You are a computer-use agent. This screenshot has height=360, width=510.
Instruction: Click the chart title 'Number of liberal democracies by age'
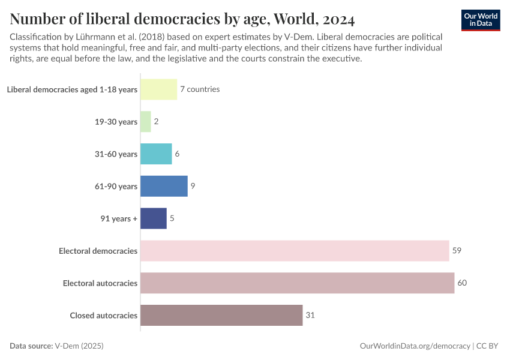(182, 19)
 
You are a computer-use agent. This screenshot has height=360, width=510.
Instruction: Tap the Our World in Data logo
(481, 20)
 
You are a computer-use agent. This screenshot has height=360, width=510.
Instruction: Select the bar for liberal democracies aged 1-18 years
(158, 89)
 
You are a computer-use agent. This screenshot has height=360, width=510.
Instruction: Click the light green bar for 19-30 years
(145, 122)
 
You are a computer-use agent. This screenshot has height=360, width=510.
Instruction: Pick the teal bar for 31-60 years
(156, 154)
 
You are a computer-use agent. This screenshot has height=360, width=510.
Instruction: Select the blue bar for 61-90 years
(164, 186)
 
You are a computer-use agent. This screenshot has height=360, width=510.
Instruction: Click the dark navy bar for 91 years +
(154, 218)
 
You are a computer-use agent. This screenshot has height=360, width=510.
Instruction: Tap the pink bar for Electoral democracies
(295, 251)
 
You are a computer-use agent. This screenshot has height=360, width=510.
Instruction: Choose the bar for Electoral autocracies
(297, 283)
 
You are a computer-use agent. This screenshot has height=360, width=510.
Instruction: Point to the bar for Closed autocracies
(221, 315)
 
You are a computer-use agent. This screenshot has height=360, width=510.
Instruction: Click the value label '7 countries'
(200, 89)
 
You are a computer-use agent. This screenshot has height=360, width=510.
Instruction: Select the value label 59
(457, 251)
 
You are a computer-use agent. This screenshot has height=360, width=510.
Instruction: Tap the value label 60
(462, 283)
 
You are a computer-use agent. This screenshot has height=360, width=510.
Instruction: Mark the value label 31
(310, 315)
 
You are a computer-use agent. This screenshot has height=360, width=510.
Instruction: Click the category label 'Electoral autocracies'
(100, 283)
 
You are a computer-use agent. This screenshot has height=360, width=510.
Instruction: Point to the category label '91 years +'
(119, 218)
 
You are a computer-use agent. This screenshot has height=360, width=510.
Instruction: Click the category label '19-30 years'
(116, 122)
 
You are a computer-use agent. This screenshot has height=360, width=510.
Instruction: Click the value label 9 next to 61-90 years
(193, 186)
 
